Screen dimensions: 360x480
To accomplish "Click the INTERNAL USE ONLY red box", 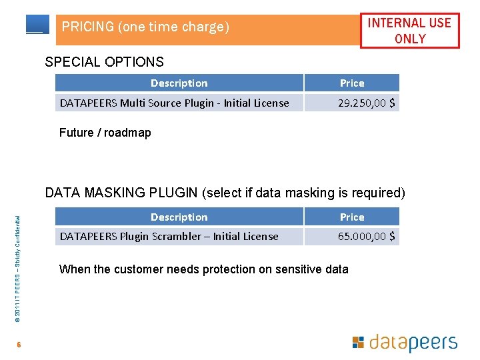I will coord(409,31).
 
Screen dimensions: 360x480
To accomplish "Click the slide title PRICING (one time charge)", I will coord(145,27).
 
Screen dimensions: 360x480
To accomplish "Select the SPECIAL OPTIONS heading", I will coord(104,62).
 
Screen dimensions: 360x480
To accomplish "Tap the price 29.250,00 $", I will coord(366,103).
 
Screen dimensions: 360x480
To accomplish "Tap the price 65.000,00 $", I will coord(366,236).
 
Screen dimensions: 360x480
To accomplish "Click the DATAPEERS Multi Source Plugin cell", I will coord(175,103).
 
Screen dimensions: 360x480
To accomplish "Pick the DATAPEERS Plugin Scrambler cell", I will coord(169,236).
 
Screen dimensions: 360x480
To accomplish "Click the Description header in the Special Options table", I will coord(179,83).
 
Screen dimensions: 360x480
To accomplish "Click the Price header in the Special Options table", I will coord(352,83).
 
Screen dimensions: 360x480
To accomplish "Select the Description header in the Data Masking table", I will coord(179,217).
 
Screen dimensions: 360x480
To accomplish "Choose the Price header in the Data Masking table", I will coord(352,217).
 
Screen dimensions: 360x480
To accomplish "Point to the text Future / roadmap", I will coord(105,133).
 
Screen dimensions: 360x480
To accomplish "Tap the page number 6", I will coord(20,345).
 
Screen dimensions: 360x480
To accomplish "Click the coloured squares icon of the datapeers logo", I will coord(358,343).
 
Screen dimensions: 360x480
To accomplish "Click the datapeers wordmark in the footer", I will coord(413,343).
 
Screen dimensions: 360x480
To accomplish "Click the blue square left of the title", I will coord(37,24).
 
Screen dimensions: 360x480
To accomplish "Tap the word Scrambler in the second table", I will coord(177,236).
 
